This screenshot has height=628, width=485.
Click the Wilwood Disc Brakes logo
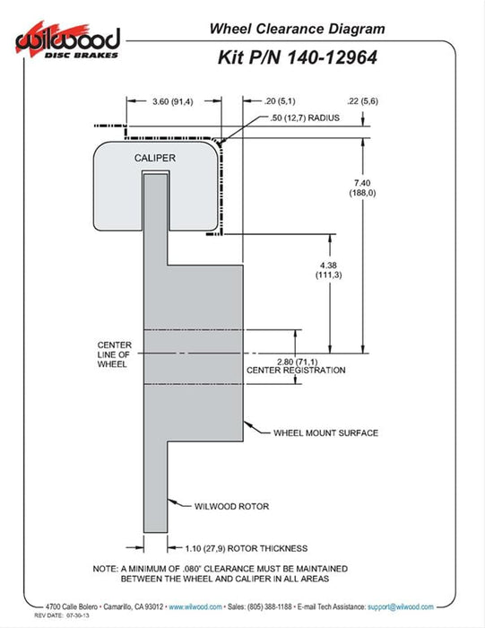point(67,40)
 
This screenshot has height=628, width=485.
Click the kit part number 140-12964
point(332,57)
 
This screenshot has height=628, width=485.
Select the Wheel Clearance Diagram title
point(298,29)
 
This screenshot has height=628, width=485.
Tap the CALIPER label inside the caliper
point(155,158)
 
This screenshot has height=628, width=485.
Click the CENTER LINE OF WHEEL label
point(114,354)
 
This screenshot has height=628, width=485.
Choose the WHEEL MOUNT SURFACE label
point(325,433)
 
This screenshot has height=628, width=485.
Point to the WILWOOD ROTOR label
point(231,506)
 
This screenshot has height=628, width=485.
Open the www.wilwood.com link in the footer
point(195,606)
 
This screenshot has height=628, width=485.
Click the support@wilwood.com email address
point(401,606)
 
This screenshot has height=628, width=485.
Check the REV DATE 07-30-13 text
point(62,615)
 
